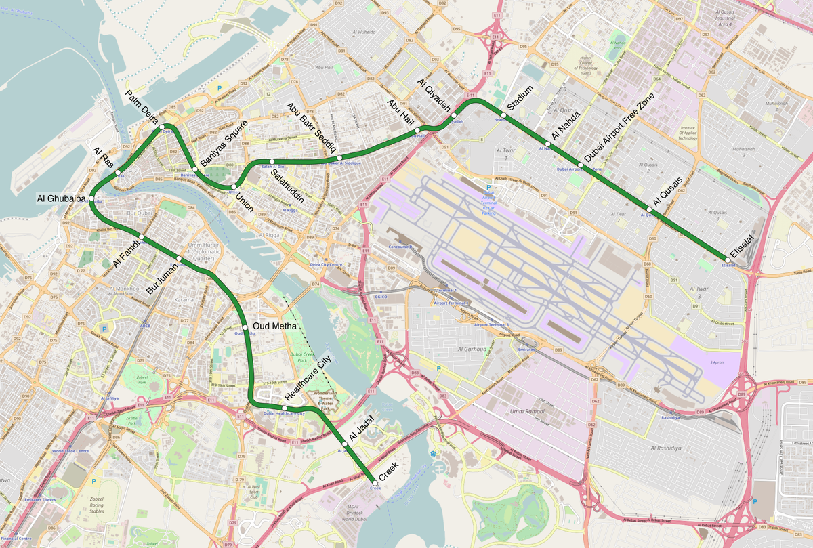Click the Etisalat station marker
coord(724,259)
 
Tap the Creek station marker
coord(375,482)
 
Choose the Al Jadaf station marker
coord(345,444)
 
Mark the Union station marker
coord(234,186)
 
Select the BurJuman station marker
coord(179,258)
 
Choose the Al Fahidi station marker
coord(141,237)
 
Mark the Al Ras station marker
coord(118,172)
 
